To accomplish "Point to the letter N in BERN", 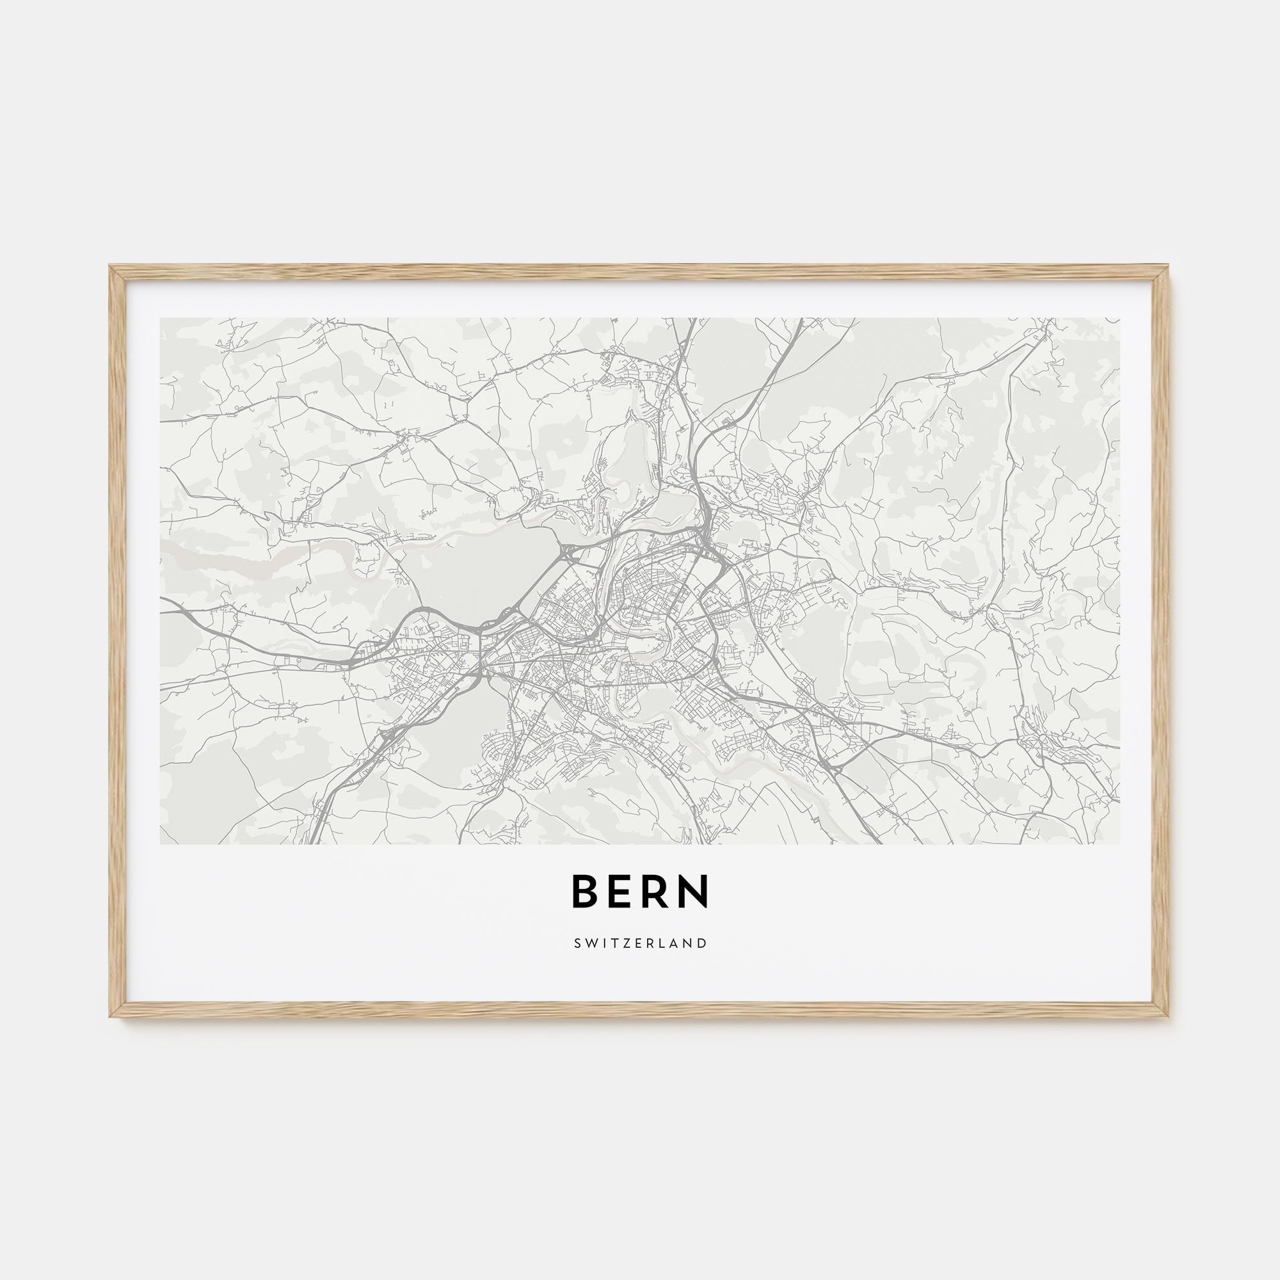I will point(695,892).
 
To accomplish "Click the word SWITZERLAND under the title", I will point(640,943).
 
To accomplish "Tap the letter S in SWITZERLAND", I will point(577,943).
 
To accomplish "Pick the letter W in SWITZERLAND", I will point(589,943).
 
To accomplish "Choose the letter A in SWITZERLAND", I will point(676,943).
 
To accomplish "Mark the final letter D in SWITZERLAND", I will point(703,943).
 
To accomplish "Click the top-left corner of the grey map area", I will point(161,318).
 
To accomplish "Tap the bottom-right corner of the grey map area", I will point(1119,844).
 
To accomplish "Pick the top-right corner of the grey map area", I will point(1119,318).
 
